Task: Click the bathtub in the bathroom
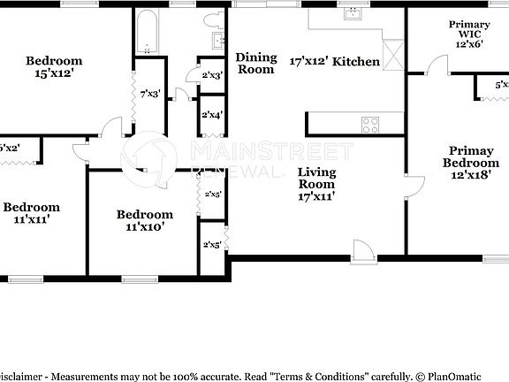pos(148,33)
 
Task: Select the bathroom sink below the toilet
pos(217,41)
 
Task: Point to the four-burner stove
pos(369,125)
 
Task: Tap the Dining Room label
pos(256,64)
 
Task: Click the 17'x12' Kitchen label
pos(335,62)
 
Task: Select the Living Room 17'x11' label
pos(315,185)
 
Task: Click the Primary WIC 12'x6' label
pos(469,34)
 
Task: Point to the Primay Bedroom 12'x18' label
pos(470,163)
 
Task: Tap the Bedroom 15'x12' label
pos(54,67)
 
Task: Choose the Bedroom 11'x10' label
pos(144,220)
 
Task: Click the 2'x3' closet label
pos(211,76)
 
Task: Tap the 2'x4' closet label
pos(211,115)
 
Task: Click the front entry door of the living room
pos(362,251)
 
